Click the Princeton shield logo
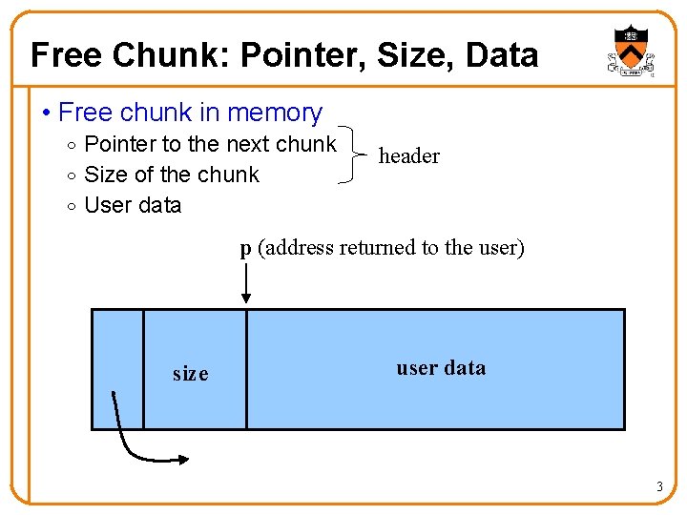click(631, 51)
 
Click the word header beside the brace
click(408, 156)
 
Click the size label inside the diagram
click(190, 374)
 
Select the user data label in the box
click(440, 368)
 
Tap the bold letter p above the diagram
click(245, 249)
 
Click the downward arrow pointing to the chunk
click(246, 284)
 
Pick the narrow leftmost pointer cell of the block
click(117, 369)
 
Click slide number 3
click(658, 488)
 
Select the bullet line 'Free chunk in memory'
click(190, 113)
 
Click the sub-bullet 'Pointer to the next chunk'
click(210, 144)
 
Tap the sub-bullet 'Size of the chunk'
click(172, 175)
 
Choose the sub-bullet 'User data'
click(133, 205)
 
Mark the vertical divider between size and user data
click(246, 369)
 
